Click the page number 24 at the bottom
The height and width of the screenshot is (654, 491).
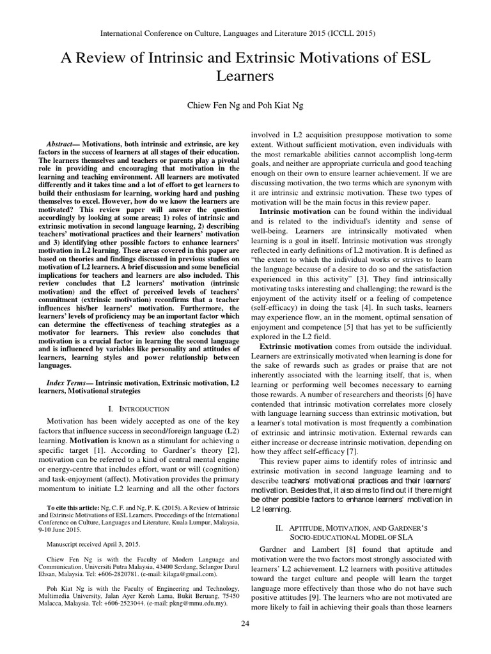coord(245,641)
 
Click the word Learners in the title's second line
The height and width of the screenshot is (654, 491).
coord(245,77)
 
